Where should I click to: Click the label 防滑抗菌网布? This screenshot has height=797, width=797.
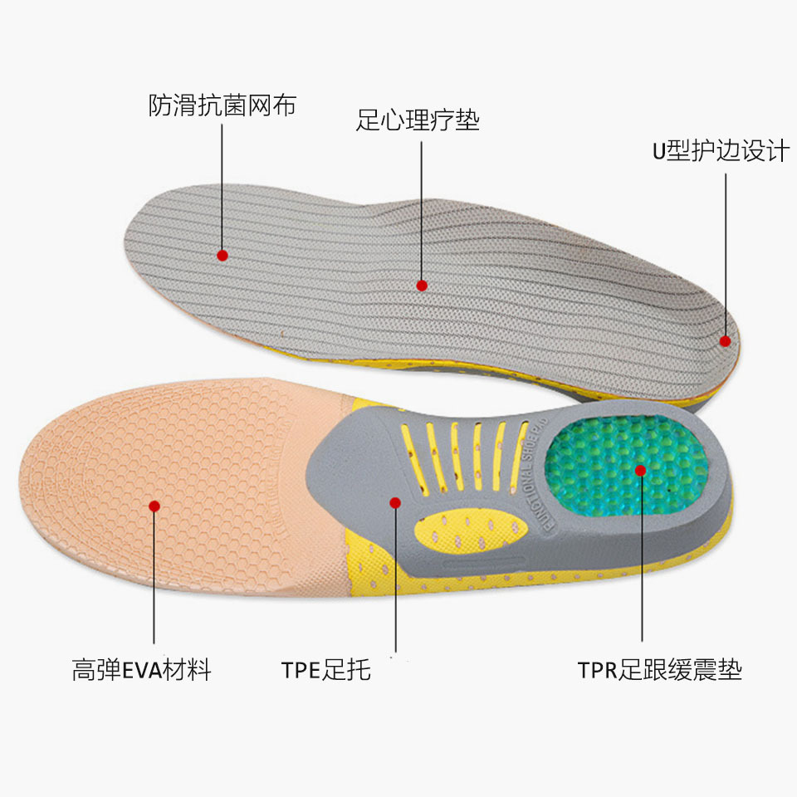pyautogui.click(x=222, y=105)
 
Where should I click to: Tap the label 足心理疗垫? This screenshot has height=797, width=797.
pyautogui.click(x=418, y=121)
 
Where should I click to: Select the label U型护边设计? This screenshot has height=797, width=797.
pyautogui.click(x=719, y=152)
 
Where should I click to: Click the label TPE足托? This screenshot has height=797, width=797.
pyautogui.click(x=325, y=670)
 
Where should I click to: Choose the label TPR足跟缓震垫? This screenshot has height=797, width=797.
pyautogui.click(x=659, y=670)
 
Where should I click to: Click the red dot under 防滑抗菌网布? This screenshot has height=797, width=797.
pyautogui.click(x=222, y=255)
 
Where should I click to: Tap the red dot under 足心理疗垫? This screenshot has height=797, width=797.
pyautogui.click(x=422, y=285)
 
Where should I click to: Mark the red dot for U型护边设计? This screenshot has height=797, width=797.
pyautogui.click(x=725, y=340)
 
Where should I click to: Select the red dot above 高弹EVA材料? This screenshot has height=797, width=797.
pyautogui.click(x=154, y=505)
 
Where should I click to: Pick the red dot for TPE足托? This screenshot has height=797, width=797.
pyautogui.click(x=395, y=502)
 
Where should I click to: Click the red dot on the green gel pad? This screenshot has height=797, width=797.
pyautogui.click(x=641, y=470)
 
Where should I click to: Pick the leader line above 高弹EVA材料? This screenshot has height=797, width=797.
pyautogui.click(x=154, y=581)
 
